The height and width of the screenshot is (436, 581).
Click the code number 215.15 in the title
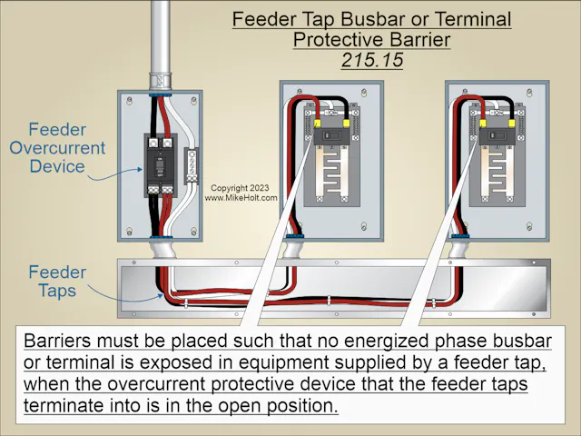pyautogui.click(x=370, y=60)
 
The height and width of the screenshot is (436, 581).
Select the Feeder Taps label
pyautogui.click(x=56, y=281)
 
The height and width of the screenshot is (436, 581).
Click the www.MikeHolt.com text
pyautogui.click(x=241, y=197)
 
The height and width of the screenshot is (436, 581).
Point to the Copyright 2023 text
pyautogui.click(x=241, y=187)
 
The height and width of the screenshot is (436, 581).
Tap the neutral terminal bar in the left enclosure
pyautogui.click(x=191, y=166)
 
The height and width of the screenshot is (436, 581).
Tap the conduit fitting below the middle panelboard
pyautogui.click(x=295, y=247)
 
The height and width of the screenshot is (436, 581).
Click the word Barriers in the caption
pyautogui.click(x=58, y=342)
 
